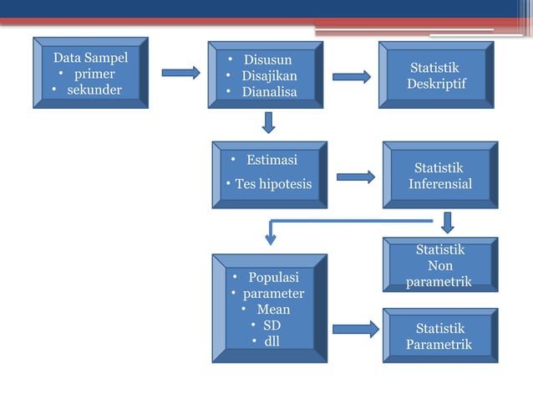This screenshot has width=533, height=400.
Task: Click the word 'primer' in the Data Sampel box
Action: pyautogui.click(x=94, y=74)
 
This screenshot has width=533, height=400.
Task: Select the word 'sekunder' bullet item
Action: pyautogui.click(x=94, y=90)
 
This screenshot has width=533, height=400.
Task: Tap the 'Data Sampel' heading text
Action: pyautogui.click(x=90, y=58)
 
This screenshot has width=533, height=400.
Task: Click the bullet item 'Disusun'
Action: pyautogui.click(x=267, y=59)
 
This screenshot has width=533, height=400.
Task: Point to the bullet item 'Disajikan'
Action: pyautogui.click(x=269, y=75)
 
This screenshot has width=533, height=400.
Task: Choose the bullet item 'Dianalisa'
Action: pyautogui.click(x=269, y=92)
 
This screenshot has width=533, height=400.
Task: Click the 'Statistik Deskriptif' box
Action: pyautogui.click(x=436, y=75)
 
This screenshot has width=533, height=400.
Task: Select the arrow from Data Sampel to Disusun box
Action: pyautogui.click(x=180, y=73)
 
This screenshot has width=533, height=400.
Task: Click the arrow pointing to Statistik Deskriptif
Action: pyautogui.click(x=352, y=77)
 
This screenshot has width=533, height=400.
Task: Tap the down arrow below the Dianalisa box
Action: pyautogui.click(x=268, y=122)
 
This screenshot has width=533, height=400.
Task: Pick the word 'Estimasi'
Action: pyautogui.click(x=272, y=160)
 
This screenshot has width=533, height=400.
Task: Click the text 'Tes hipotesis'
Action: pyautogui.click(x=272, y=183)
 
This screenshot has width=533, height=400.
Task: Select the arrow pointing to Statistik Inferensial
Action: pyautogui.click(x=356, y=177)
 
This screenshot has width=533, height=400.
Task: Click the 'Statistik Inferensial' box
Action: pyautogui.click(x=439, y=176)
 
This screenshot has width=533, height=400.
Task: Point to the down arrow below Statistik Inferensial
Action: pyautogui.click(x=448, y=222)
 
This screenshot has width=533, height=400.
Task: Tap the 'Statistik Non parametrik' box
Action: pyautogui.click(x=439, y=265)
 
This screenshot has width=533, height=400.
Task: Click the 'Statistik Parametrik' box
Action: pyautogui.click(x=439, y=336)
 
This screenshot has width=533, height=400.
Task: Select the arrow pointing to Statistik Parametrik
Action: pyautogui.click(x=355, y=329)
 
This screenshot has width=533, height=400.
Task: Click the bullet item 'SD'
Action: pyautogui.click(x=272, y=325)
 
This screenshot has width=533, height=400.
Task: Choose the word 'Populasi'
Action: pyautogui.click(x=273, y=277)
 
